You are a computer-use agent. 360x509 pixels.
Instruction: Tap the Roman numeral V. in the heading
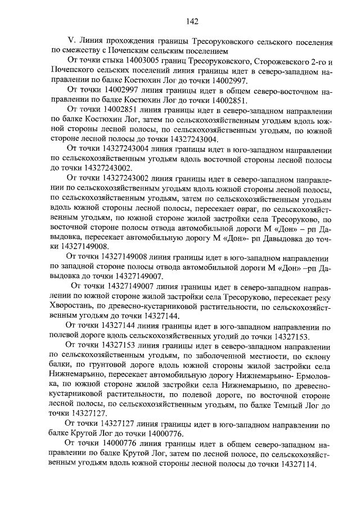70,42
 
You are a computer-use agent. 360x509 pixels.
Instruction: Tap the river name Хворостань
74,307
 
